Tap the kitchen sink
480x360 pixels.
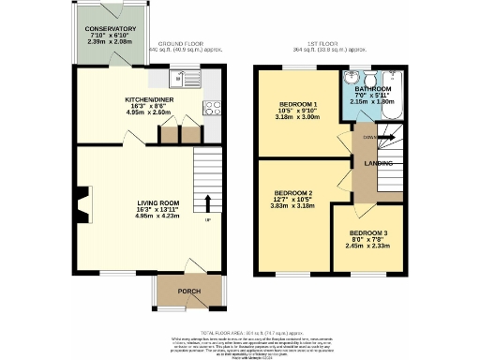[182, 78]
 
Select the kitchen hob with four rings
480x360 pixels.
[213, 107]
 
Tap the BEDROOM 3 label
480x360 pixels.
[367, 232]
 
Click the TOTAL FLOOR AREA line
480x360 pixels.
[239, 331]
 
